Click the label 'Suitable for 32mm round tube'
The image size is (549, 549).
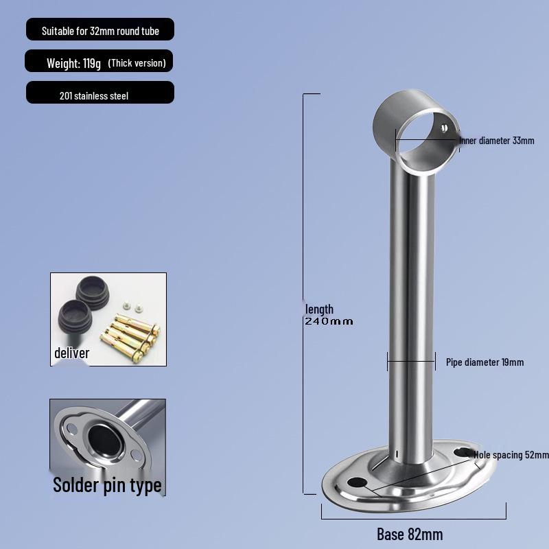(100, 32)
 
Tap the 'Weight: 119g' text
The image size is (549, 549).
(73, 63)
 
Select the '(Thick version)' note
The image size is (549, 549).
(137, 63)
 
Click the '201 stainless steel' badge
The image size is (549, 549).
(94, 96)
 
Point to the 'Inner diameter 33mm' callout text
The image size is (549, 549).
(496, 141)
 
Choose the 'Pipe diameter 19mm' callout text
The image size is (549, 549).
(484, 362)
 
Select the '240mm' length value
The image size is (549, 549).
(329, 321)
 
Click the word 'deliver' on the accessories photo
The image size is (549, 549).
(72, 353)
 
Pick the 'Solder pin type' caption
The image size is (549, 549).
(107, 485)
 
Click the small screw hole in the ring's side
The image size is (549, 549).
(445, 128)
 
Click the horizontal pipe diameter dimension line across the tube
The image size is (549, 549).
(410, 361)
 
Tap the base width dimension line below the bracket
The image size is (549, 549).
(413, 511)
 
